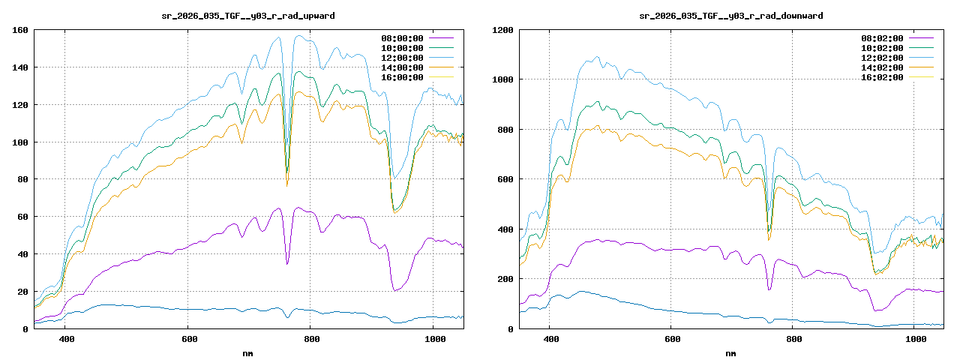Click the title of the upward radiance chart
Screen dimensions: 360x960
248,15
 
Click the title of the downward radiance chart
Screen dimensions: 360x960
730,15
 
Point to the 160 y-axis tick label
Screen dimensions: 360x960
20,31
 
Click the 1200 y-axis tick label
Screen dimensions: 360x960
503,31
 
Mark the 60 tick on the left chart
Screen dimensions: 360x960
23,217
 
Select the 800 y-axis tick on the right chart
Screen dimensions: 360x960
506,130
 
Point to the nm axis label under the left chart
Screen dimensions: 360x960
248,352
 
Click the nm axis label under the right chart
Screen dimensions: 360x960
730,352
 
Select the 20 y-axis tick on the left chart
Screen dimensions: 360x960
23,292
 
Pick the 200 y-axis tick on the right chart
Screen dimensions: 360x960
506,280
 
